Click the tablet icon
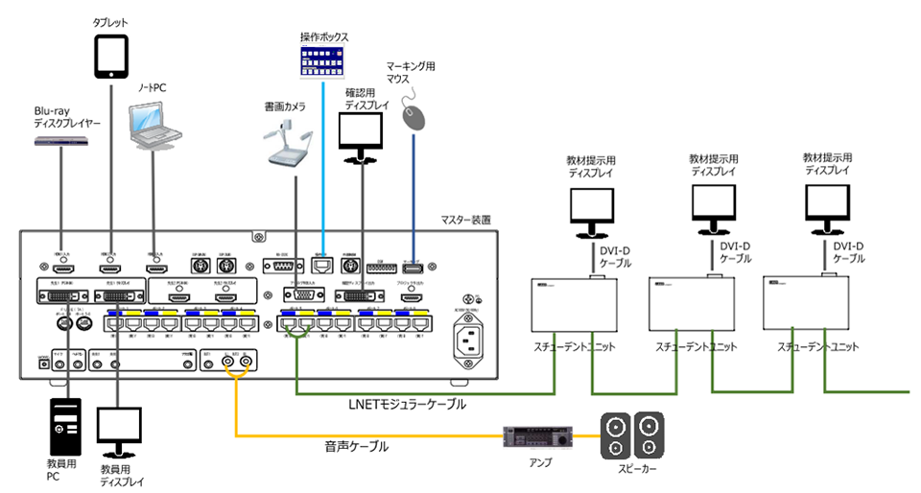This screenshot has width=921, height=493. [111, 56]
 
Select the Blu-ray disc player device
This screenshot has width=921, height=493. [61, 142]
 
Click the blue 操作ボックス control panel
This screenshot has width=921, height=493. [323, 66]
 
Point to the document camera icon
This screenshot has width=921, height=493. [289, 144]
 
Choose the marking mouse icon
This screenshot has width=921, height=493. [413, 116]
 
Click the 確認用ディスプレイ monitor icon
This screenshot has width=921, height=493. [364, 137]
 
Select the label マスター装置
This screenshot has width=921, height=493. [465, 220]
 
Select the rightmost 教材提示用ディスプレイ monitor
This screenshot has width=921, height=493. [827, 207]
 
